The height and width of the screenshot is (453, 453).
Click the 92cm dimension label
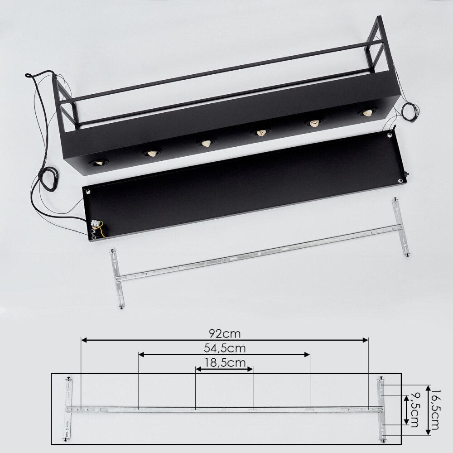point(225,334)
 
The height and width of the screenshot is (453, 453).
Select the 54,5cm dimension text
point(225,348)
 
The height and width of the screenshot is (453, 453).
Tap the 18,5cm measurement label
point(225,362)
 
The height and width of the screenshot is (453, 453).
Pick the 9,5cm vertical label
point(414,410)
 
